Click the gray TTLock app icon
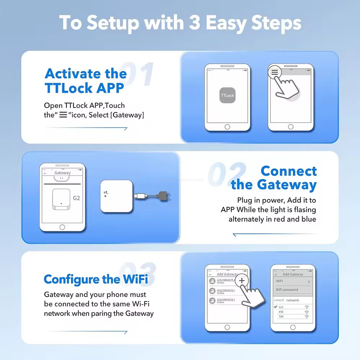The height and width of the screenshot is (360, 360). coord(227,95)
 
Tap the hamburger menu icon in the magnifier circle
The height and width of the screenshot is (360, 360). coord(275,72)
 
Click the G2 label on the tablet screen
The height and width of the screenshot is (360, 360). coord(76,198)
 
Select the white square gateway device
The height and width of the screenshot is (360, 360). coord(117,195)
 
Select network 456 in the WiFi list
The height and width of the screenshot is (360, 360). coord(281,312)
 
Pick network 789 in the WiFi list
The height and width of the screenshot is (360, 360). coord(281,316)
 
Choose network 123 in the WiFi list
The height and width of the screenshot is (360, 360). coord(281,307)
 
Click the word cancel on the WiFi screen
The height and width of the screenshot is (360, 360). coord(279,300)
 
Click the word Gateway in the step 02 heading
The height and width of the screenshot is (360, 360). coord(287,185)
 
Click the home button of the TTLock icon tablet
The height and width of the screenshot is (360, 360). coord(227,127)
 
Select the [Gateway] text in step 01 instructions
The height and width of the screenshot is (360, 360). coord(129,115)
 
